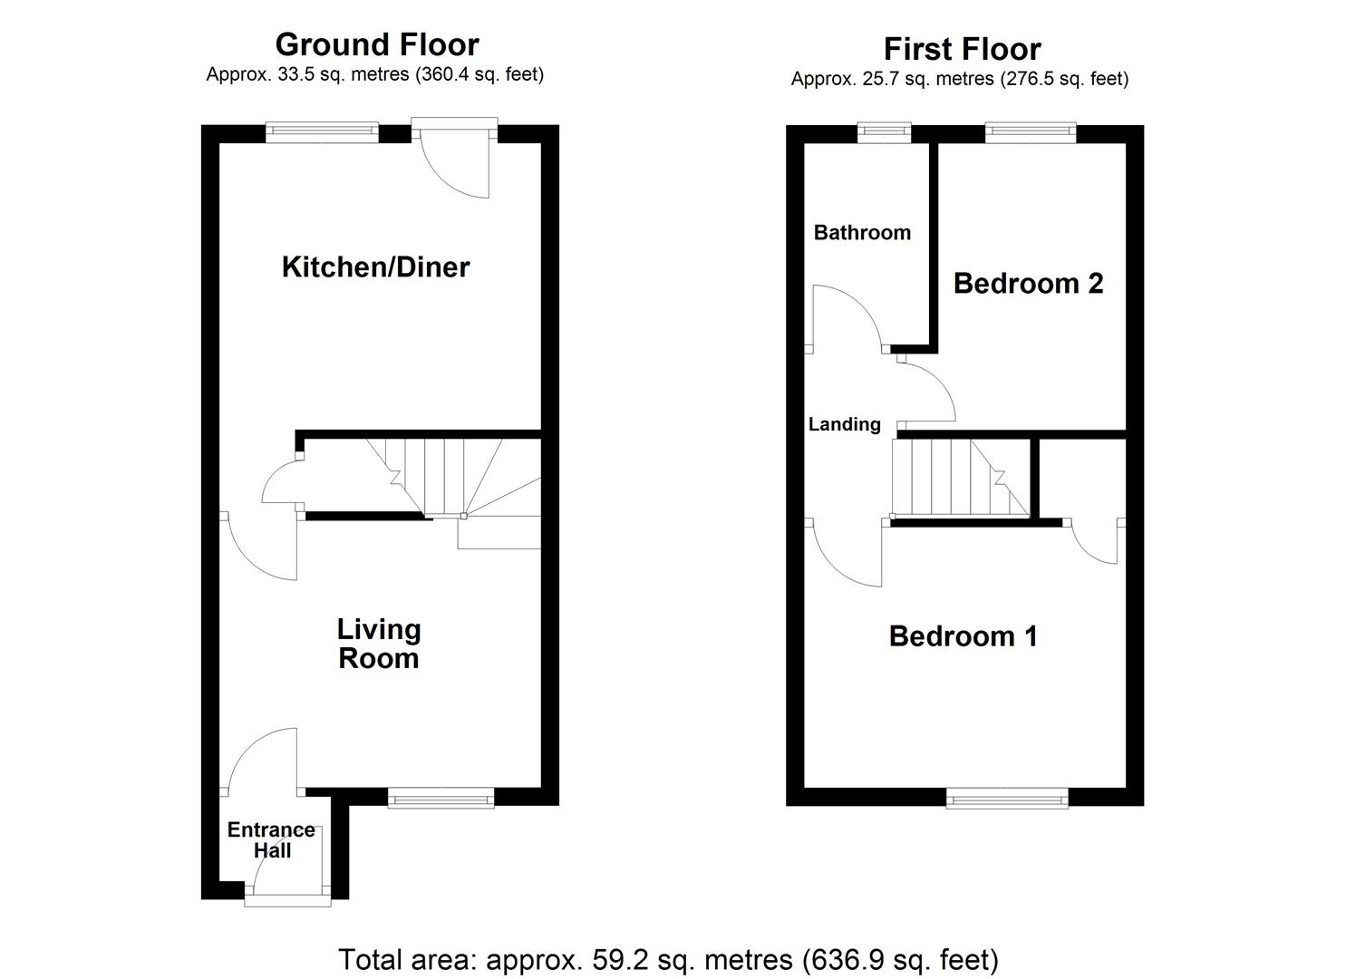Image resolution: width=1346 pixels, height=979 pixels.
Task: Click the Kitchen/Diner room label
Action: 375,267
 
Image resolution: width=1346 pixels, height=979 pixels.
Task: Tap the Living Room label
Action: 379,644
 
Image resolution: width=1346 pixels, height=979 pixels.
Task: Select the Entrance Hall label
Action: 271,840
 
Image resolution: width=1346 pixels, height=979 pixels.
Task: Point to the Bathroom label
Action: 862,232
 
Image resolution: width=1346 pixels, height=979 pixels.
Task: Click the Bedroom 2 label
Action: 1028,284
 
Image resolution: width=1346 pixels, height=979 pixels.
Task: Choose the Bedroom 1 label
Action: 963,636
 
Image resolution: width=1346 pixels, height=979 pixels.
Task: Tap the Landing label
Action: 844,424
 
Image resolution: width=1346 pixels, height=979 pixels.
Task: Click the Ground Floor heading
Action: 376,44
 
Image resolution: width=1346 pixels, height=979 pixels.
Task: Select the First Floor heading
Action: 962,48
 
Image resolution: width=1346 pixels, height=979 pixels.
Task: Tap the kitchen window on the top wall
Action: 321,133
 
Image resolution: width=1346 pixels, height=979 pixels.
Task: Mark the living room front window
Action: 441,798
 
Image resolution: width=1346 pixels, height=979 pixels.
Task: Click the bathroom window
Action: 885,133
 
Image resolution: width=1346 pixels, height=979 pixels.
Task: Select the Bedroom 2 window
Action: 1030,133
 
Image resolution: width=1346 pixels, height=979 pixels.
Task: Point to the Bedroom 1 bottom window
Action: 1007,798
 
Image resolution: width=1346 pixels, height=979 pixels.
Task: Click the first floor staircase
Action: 961,478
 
